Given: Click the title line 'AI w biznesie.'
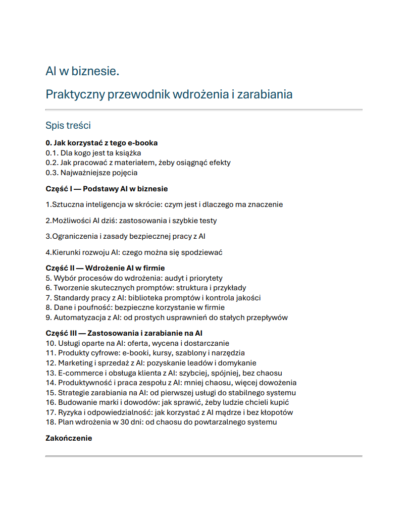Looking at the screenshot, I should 82,71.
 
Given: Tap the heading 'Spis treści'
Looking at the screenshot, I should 68,125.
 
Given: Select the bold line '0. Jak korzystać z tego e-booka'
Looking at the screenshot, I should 101,143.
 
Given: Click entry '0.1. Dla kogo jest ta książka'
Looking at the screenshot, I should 93,152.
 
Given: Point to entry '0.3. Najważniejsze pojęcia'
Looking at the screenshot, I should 91,173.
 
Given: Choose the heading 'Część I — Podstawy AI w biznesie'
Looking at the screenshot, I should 107,189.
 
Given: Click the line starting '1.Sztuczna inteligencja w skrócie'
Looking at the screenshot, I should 164,204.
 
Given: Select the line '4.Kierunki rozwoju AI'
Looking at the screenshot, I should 134,252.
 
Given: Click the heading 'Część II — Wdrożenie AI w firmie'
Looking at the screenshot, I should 105,268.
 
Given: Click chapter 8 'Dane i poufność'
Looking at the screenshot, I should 135,307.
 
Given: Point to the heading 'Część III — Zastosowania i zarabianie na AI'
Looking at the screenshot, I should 124,333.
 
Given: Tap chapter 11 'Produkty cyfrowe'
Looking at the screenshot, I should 145,353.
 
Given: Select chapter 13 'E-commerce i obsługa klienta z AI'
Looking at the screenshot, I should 164,373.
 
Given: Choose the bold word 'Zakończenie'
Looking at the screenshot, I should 69,438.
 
